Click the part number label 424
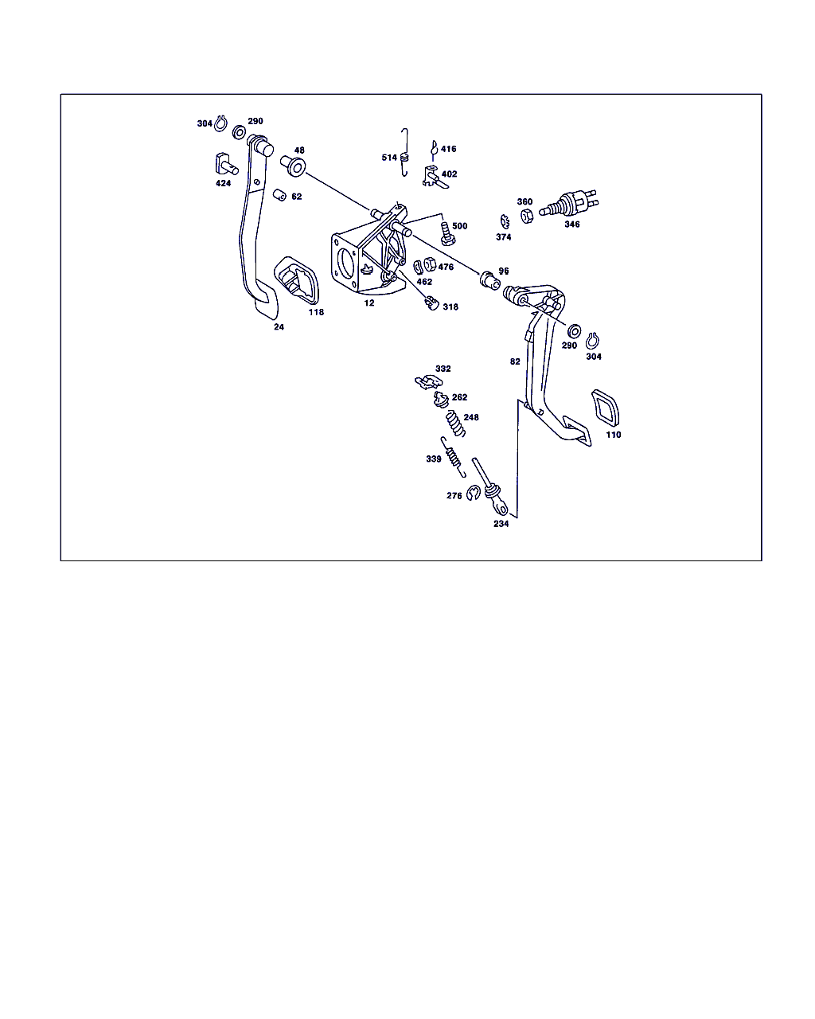(223, 183)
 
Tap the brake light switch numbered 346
(569, 204)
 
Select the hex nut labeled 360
(526, 216)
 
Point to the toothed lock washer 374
(505, 221)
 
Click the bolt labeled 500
(447, 233)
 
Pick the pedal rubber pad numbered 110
(605, 408)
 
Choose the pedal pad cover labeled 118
(296, 280)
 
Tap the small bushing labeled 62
(279, 194)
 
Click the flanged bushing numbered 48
(293, 166)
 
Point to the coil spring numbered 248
(456, 424)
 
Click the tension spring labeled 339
(453, 456)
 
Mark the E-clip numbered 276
(473, 493)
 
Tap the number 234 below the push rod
(501, 524)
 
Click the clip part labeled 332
(428, 381)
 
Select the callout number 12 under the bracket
(369, 303)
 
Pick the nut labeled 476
(430, 264)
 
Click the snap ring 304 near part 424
(220, 123)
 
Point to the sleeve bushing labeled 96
(490, 281)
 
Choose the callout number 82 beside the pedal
(515, 361)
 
